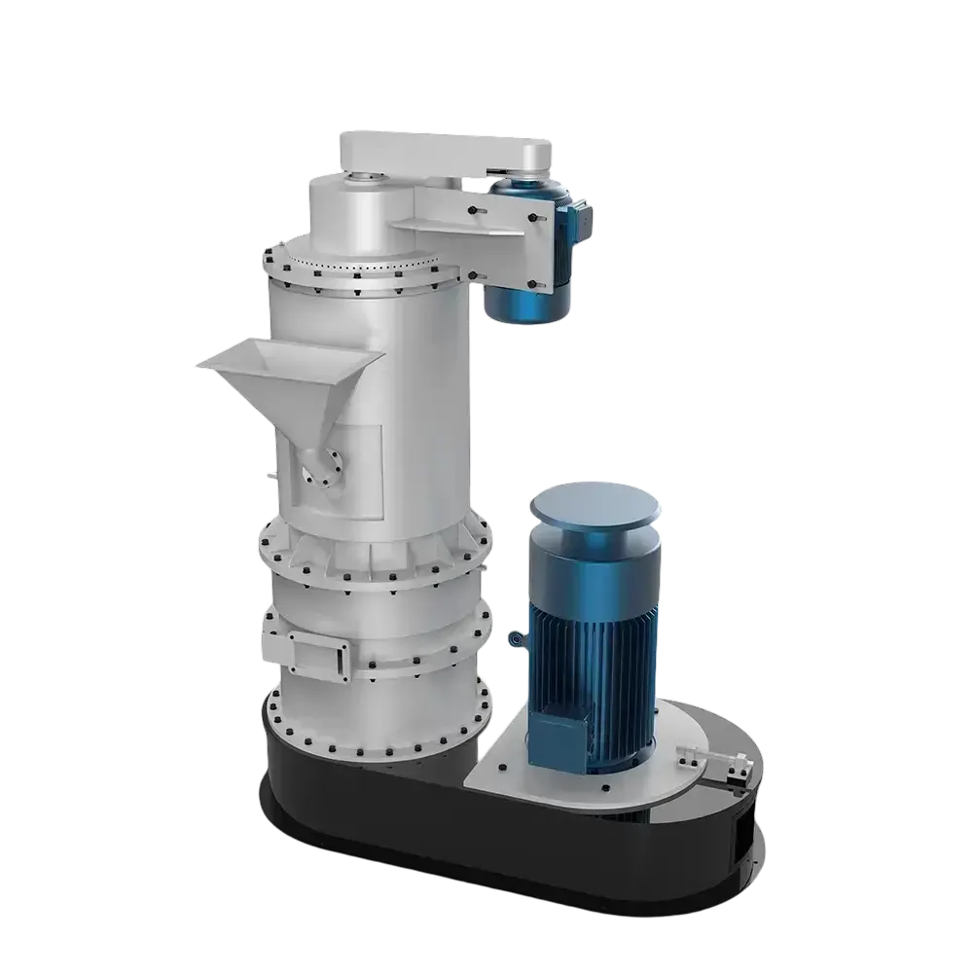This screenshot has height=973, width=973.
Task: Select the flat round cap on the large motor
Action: pos(595,509)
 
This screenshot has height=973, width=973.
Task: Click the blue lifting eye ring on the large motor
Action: pos(514,639)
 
